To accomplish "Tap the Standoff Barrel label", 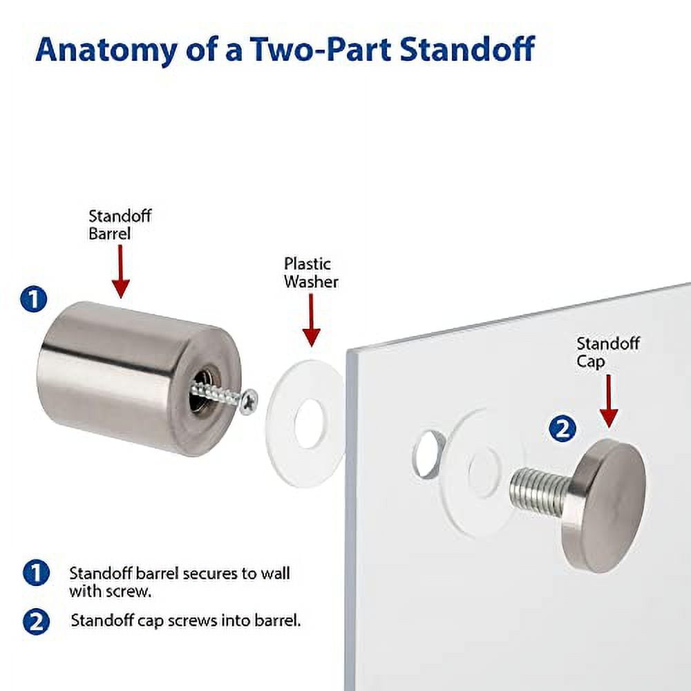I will [120, 225].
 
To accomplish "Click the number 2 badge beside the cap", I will [562, 428].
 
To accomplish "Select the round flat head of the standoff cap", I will [608, 504].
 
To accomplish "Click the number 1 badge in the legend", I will [35, 573].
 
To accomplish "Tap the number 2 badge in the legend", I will [35, 621].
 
